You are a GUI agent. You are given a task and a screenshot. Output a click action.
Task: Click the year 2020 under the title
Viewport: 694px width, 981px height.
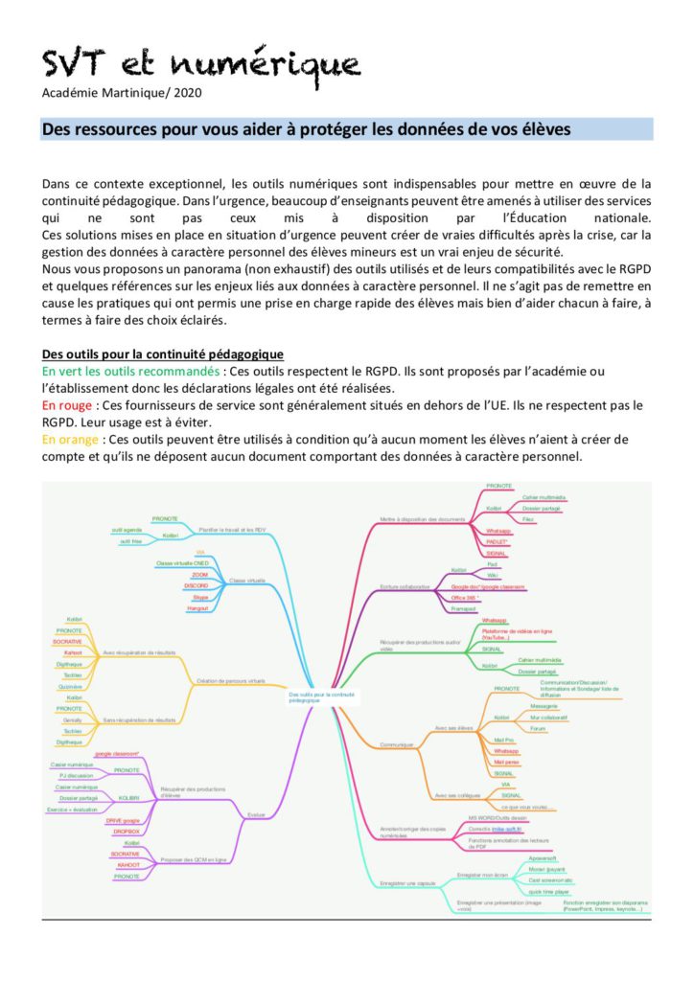coord(187,93)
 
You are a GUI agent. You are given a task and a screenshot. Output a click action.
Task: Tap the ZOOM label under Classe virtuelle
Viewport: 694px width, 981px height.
coord(199,575)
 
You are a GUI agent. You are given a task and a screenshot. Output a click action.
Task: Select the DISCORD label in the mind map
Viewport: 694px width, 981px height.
coord(196,585)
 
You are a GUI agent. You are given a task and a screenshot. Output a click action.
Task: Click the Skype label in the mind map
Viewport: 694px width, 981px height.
coord(199,596)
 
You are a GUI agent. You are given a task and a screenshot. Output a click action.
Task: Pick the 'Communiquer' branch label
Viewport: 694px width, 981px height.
coord(396,743)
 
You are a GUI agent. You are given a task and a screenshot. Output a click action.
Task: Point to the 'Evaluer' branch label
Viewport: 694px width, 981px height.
coord(256,814)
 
